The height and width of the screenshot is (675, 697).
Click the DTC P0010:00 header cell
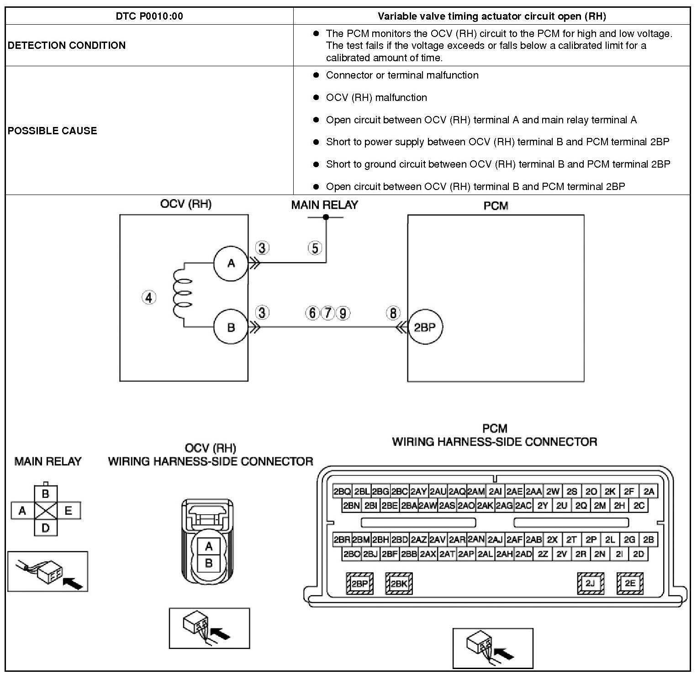149,16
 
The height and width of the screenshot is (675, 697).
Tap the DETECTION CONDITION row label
67,45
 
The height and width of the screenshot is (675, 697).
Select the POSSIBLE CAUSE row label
53,131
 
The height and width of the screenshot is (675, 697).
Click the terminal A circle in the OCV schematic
231,263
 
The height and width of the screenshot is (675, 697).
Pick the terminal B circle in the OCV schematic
231,327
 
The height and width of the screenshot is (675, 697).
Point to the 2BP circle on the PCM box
425,327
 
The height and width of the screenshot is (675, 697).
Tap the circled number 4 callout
149,298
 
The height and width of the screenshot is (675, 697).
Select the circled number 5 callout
315,248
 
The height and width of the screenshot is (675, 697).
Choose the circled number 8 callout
393,313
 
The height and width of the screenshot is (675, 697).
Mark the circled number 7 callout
327,313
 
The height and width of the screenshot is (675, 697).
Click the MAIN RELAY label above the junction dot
325,205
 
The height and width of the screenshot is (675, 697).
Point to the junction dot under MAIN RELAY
326,217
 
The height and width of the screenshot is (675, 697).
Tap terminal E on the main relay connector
69,511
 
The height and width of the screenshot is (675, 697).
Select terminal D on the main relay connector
46,527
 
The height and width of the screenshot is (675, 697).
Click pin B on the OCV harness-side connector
209,563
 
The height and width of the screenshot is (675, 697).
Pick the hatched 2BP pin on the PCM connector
360,583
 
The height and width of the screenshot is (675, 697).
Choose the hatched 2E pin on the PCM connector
630,583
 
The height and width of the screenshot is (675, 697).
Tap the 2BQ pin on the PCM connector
342,491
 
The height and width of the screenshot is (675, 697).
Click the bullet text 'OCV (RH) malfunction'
376,97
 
